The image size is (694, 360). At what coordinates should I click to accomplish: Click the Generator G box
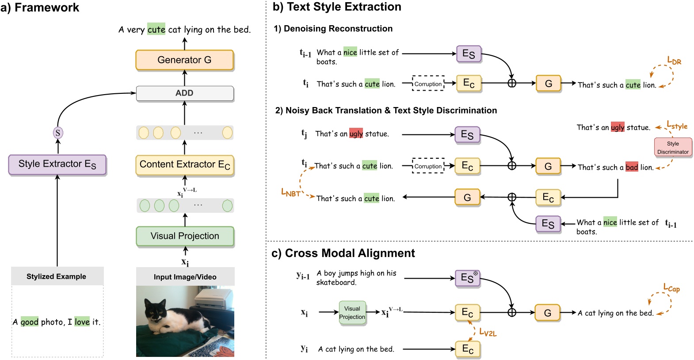tap(185, 60)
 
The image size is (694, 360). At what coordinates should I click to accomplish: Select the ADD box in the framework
tap(185, 93)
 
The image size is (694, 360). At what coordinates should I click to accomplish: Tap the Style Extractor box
tap(57, 165)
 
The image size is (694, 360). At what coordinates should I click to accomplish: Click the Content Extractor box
tap(185, 165)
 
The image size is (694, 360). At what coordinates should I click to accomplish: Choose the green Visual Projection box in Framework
tap(185, 236)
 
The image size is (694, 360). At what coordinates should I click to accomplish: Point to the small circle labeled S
tap(58, 133)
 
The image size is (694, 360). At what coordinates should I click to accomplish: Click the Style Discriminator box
tap(673, 148)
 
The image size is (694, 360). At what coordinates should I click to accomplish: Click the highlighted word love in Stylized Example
tap(82, 322)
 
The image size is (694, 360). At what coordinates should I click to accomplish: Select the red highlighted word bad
tap(632, 167)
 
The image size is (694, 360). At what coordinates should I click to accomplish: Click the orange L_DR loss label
tap(674, 61)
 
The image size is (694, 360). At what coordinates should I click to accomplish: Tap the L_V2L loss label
tap(488, 333)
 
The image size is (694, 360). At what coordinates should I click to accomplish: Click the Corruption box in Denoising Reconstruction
tap(428, 84)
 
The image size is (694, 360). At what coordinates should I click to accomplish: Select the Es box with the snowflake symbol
tap(468, 278)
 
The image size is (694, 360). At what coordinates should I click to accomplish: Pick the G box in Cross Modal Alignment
tap(547, 313)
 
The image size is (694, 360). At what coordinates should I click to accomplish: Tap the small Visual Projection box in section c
tap(352, 313)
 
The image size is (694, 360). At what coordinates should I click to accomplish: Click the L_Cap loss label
tap(671, 288)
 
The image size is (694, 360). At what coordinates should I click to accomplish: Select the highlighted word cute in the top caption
tap(156, 29)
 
